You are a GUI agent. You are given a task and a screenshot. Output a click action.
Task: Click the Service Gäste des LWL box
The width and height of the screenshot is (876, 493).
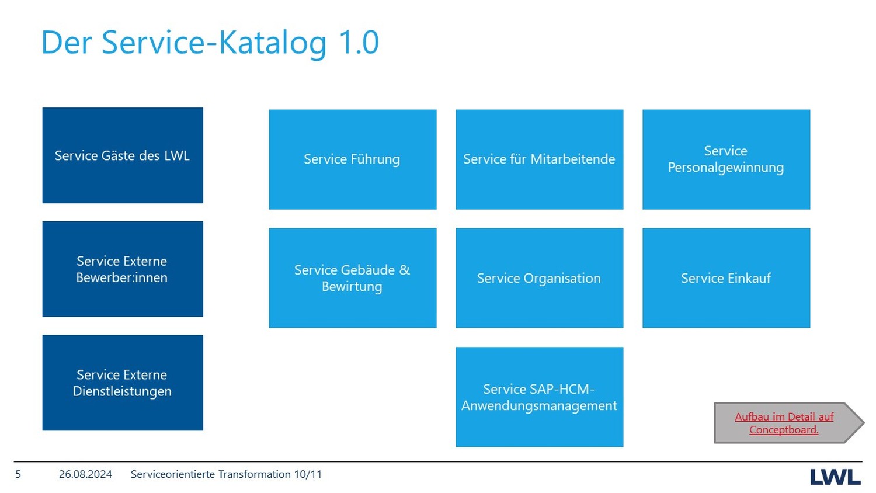coord(123,155)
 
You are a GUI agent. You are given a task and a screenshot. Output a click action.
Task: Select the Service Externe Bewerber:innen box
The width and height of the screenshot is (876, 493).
coord(123,269)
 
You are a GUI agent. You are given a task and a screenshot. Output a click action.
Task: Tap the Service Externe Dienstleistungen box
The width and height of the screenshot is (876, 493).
coord(123,383)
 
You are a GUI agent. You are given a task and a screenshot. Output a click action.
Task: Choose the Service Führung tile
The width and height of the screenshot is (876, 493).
coord(353,159)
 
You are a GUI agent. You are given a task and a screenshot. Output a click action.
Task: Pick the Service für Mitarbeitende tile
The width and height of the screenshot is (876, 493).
coord(540,159)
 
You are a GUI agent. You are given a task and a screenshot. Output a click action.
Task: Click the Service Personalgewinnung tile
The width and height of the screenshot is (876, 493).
coord(726,159)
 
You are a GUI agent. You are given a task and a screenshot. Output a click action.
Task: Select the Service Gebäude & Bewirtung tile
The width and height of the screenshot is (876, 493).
coord(353,278)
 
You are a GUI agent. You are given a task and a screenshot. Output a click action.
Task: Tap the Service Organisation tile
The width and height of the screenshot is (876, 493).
coord(540,278)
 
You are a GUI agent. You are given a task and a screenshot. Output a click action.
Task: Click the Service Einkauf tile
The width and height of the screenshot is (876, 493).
coord(726,278)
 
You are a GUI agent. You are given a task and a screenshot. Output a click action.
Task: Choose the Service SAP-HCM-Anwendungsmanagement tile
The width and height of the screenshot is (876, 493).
coord(540,397)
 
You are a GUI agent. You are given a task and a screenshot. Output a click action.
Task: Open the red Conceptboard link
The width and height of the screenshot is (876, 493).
coord(784,423)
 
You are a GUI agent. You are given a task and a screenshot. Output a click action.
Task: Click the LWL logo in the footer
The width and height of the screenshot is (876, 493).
coord(835,477)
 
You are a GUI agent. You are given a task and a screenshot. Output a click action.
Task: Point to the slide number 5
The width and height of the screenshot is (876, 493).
coord(18,475)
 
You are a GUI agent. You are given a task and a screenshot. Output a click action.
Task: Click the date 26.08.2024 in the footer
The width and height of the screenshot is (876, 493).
coord(85,475)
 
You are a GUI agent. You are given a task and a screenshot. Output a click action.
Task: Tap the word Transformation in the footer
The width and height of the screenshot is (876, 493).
coord(254,475)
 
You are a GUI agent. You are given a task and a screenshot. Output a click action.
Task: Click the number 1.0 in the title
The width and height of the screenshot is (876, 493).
coord(359,42)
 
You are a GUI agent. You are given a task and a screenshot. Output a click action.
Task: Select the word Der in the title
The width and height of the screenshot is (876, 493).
coord(67,42)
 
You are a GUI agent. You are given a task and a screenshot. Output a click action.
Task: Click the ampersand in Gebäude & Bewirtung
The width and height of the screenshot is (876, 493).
coord(404,270)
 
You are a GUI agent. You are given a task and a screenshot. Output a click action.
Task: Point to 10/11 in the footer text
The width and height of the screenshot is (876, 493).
coord(308,475)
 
